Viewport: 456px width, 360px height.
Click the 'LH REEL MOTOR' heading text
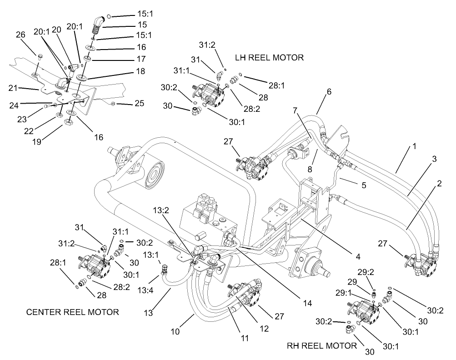point(269,58)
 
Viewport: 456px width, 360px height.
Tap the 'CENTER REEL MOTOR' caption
point(72,312)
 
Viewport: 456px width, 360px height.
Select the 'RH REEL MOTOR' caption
point(322,345)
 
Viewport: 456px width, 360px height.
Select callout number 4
point(358,257)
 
